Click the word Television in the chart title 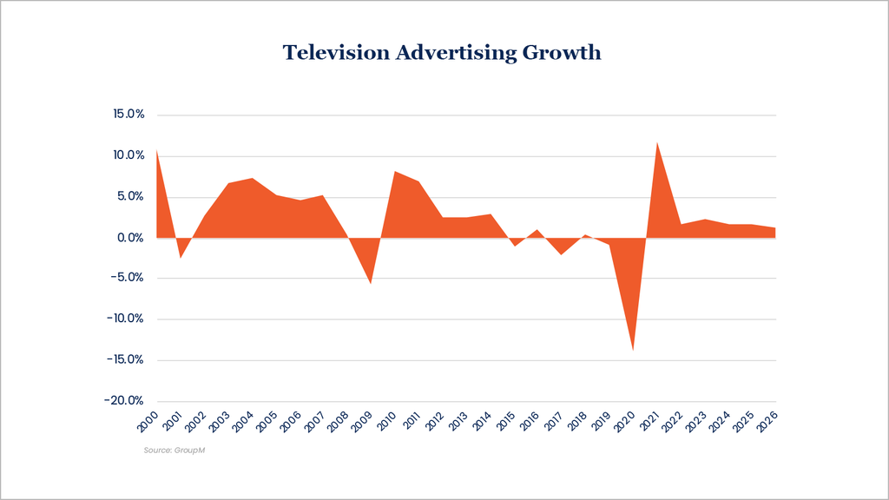click(x=336, y=52)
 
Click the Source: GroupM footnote click(x=174, y=451)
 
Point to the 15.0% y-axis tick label click(x=128, y=114)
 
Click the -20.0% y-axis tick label click(x=123, y=400)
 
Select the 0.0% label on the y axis click(x=130, y=238)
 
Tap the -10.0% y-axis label click(x=125, y=318)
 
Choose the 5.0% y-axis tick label click(x=130, y=196)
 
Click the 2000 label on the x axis click(x=148, y=422)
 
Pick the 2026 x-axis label click(x=767, y=422)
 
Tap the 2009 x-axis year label click(x=362, y=422)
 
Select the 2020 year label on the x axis click(x=623, y=422)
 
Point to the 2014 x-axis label click(x=481, y=422)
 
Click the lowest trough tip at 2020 click(x=633, y=351)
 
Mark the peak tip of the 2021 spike click(x=656, y=142)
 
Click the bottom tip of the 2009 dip click(x=371, y=284)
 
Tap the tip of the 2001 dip click(x=181, y=258)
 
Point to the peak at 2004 click(x=253, y=178)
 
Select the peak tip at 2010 click(x=395, y=171)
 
